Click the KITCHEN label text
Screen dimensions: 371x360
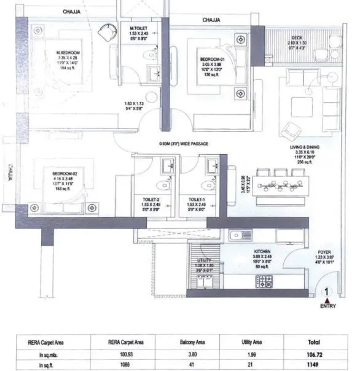click(x=263, y=251)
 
